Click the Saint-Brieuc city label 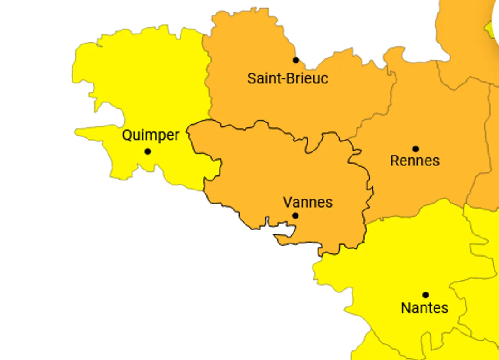point(288,78)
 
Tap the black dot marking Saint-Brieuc point(296,60)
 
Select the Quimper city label point(151,135)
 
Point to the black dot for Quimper point(147,151)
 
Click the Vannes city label point(308,202)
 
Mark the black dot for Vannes point(295,215)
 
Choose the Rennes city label point(415,161)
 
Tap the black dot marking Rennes point(416,149)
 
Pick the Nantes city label point(425,308)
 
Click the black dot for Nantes point(426,295)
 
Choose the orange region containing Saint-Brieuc point(272,104)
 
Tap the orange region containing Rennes point(431,118)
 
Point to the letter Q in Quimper point(127,135)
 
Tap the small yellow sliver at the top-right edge point(490,29)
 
